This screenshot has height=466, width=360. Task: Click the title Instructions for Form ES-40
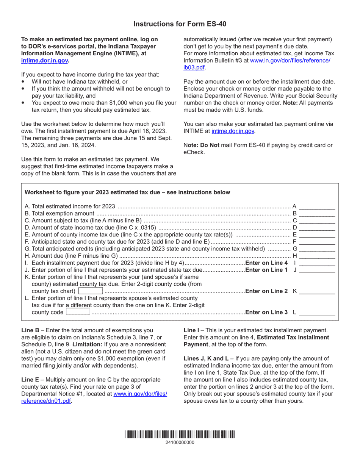(x=180, y=24)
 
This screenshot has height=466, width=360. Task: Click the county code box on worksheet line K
(x=91, y=291)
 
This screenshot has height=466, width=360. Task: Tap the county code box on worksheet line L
(x=78, y=312)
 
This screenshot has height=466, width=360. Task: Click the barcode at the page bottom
(x=180, y=435)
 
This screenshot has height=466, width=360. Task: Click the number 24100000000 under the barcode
(x=180, y=443)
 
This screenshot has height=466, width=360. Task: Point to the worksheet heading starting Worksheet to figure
(x=127, y=192)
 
